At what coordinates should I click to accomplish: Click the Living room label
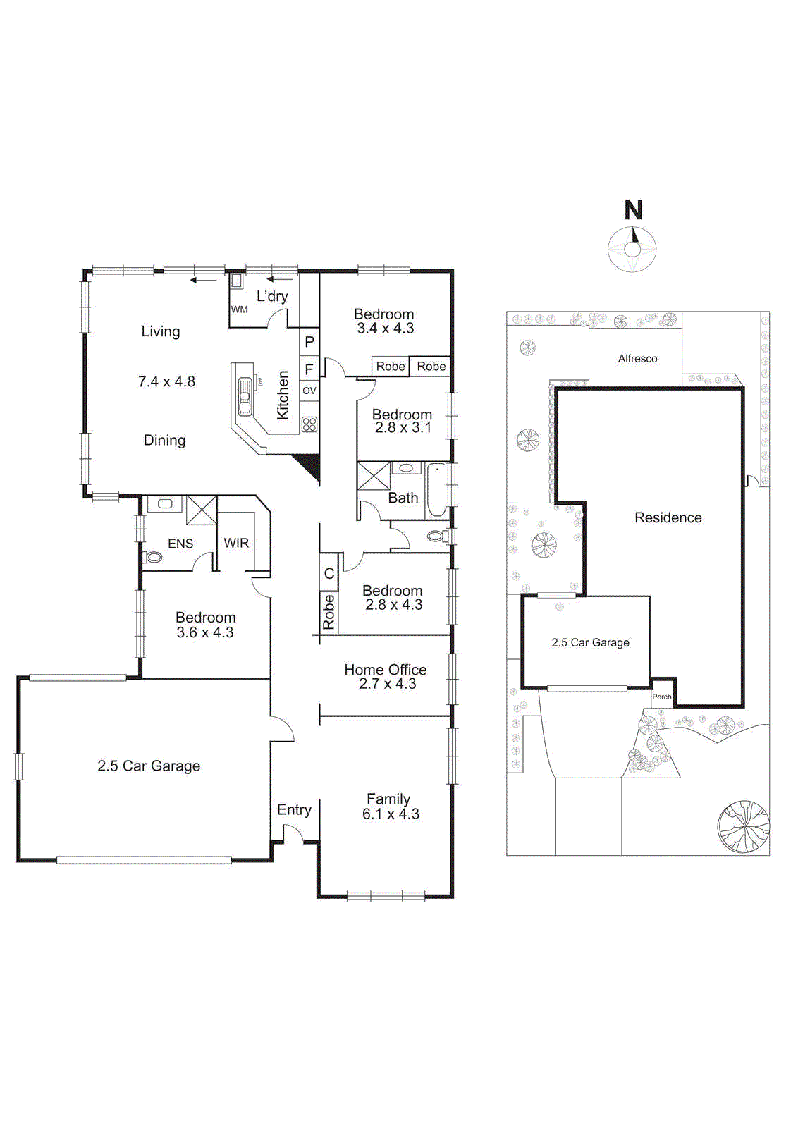(x=161, y=331)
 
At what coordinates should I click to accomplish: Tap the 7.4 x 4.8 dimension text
(x=166, y=381)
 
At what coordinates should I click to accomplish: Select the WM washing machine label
(x=240, y=309)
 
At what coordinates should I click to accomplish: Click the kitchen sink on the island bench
(x=245, y=397)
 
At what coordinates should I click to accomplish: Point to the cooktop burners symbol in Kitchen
(x=309, y=424)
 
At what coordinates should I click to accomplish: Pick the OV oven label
(x=309, y=391)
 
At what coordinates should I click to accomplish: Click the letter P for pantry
(x=309, y=342)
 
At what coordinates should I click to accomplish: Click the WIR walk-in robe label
(x=236, y=543)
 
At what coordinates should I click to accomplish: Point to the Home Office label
(x=385, y=670)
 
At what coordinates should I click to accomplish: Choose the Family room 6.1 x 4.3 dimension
(x=391, y=814)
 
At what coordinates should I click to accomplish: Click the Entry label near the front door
(x=294, y=810)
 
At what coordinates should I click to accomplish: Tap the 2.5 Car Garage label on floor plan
(x=149, y=766)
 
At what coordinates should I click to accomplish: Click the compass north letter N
(x=633, y=210)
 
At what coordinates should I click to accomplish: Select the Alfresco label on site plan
(x=637, y=359)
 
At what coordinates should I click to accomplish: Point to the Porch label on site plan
(x=661, y=697)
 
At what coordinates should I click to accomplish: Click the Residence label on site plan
(x=668, y=518)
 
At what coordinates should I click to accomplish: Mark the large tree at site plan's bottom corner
(x=744, y=826)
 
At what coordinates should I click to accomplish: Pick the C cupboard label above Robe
(x=329, y=574)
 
